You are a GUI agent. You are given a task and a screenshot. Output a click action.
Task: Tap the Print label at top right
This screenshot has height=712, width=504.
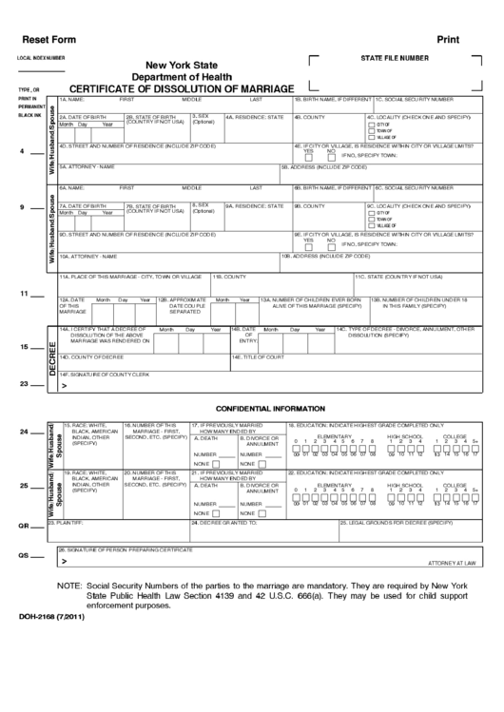(x=448, y=40)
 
